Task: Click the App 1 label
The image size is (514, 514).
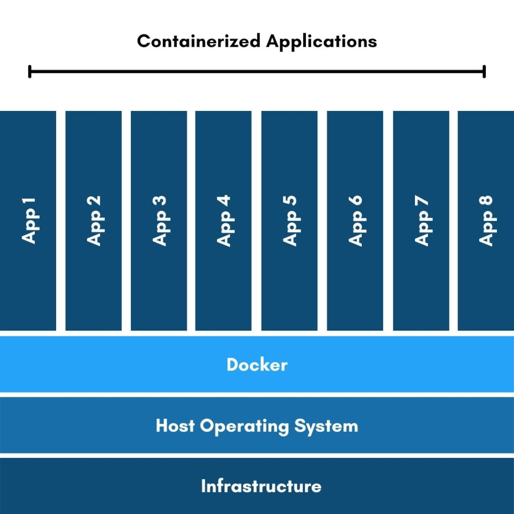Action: [x=30, y=220]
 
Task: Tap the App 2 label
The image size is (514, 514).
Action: [x=95, y=220]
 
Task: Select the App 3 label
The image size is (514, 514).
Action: [x=160, y=220]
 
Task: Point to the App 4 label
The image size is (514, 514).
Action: [x=225, y=220]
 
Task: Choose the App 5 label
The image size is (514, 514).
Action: [x=290, y=220]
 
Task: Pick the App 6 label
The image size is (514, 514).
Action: [x=355, y=220]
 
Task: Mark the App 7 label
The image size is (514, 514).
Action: [x=421, y=220]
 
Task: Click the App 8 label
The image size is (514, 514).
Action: [x=486, y=220]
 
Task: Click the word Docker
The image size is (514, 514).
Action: [x=257, y=365]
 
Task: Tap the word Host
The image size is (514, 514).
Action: [x=176, y=426]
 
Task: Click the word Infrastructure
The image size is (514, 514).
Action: [x=261, y=486]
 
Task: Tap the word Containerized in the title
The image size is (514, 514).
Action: [x=199, y=41]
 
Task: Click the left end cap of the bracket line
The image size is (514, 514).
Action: [x=30, y=71]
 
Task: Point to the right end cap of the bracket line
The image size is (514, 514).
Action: [x=484, y=71]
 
